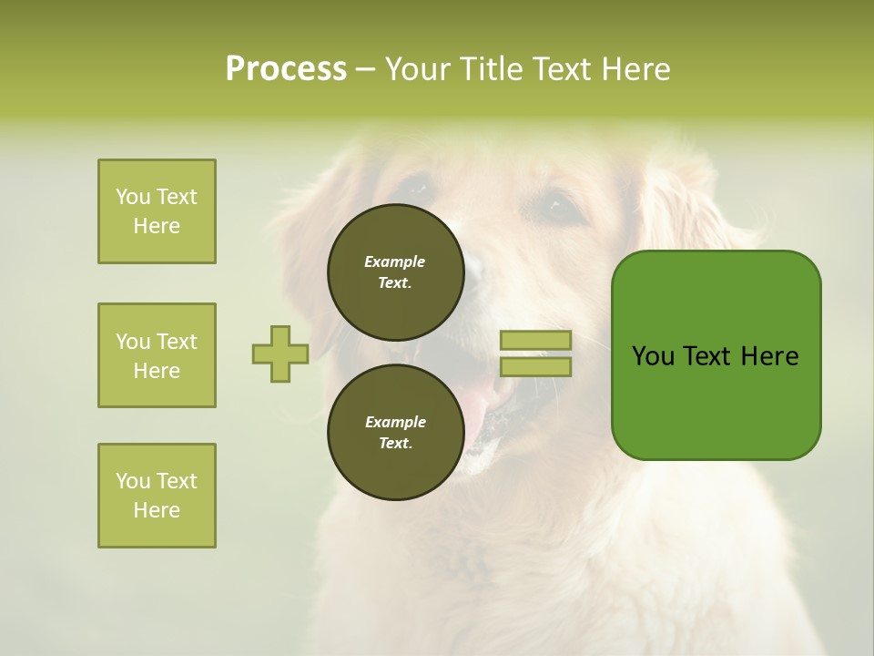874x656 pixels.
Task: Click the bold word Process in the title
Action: point(286,69)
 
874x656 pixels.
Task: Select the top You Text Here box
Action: point(157,211)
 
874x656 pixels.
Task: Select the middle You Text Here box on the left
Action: point(157,355)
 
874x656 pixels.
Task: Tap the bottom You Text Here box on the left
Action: point(157,496)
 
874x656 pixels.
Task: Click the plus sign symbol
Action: point(280,354)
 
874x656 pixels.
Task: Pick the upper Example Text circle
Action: point(395,272)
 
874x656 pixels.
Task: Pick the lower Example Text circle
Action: point(395,432)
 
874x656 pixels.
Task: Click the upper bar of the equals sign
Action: point(535,340)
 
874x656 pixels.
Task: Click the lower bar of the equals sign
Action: point(535,367)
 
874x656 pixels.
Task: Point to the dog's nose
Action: point(473,269)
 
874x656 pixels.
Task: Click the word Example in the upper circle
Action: point(395,261)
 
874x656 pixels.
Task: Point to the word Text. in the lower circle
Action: point(395,444)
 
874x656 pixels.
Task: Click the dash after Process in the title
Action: point(365,69)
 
